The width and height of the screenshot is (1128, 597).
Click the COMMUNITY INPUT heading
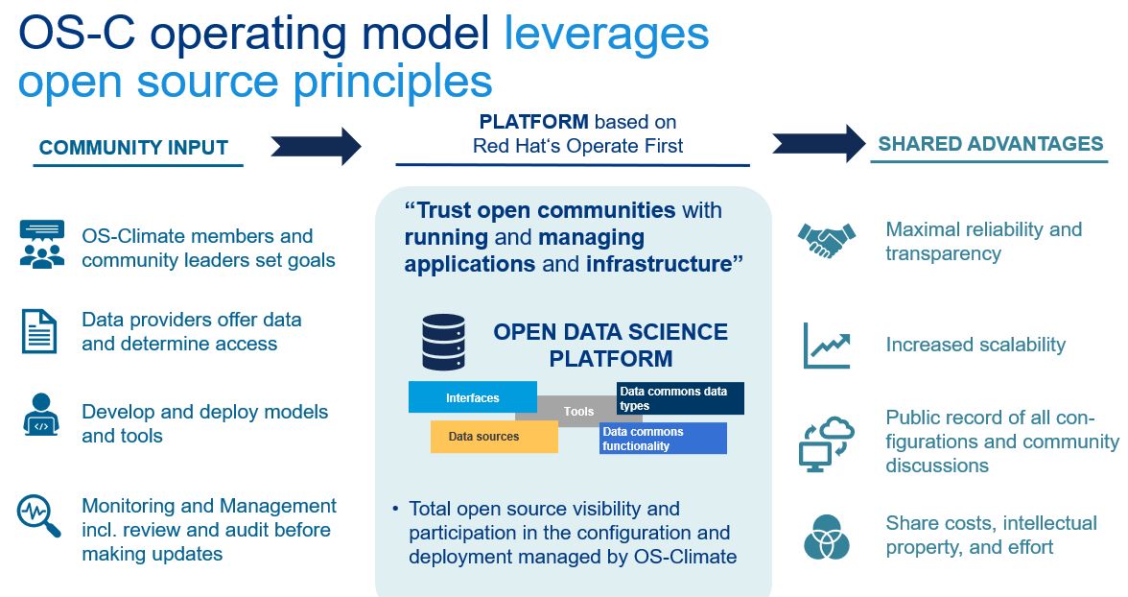click(x=133, y=147)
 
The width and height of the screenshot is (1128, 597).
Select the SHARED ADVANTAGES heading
click(x=991, y=143)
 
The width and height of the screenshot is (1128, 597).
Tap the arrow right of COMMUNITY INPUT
click(x=316, y=146)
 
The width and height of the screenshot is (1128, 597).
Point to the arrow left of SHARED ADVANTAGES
click(x=819, y=143)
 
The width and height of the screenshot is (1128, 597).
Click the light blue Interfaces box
click(x=473, y=396)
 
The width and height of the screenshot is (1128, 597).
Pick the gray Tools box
click(x=578, y=411)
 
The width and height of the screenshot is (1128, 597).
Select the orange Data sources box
click(x=494, y=437)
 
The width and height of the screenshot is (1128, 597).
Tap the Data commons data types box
click(x=680, y=398)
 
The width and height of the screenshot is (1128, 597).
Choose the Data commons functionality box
click(x=664, y=439)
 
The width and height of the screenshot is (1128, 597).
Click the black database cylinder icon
click(x=443, y=342)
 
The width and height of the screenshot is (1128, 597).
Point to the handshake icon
click(x=827, y=240)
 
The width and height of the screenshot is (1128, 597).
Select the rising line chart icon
click(x=827, y=346)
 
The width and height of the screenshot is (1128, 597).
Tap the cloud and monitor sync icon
click(x=827, y=443)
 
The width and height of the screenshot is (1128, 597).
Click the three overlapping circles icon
click(x=827, y=537)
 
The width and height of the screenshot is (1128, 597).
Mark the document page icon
click(x=39, y=331)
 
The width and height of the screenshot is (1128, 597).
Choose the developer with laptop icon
click(x=41, y=415)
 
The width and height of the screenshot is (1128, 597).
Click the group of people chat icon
click(x=42, y=244)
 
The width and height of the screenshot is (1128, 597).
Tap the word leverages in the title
click(x=606, y=34)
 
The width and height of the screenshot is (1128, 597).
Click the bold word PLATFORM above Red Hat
click(x=533, y=122)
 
